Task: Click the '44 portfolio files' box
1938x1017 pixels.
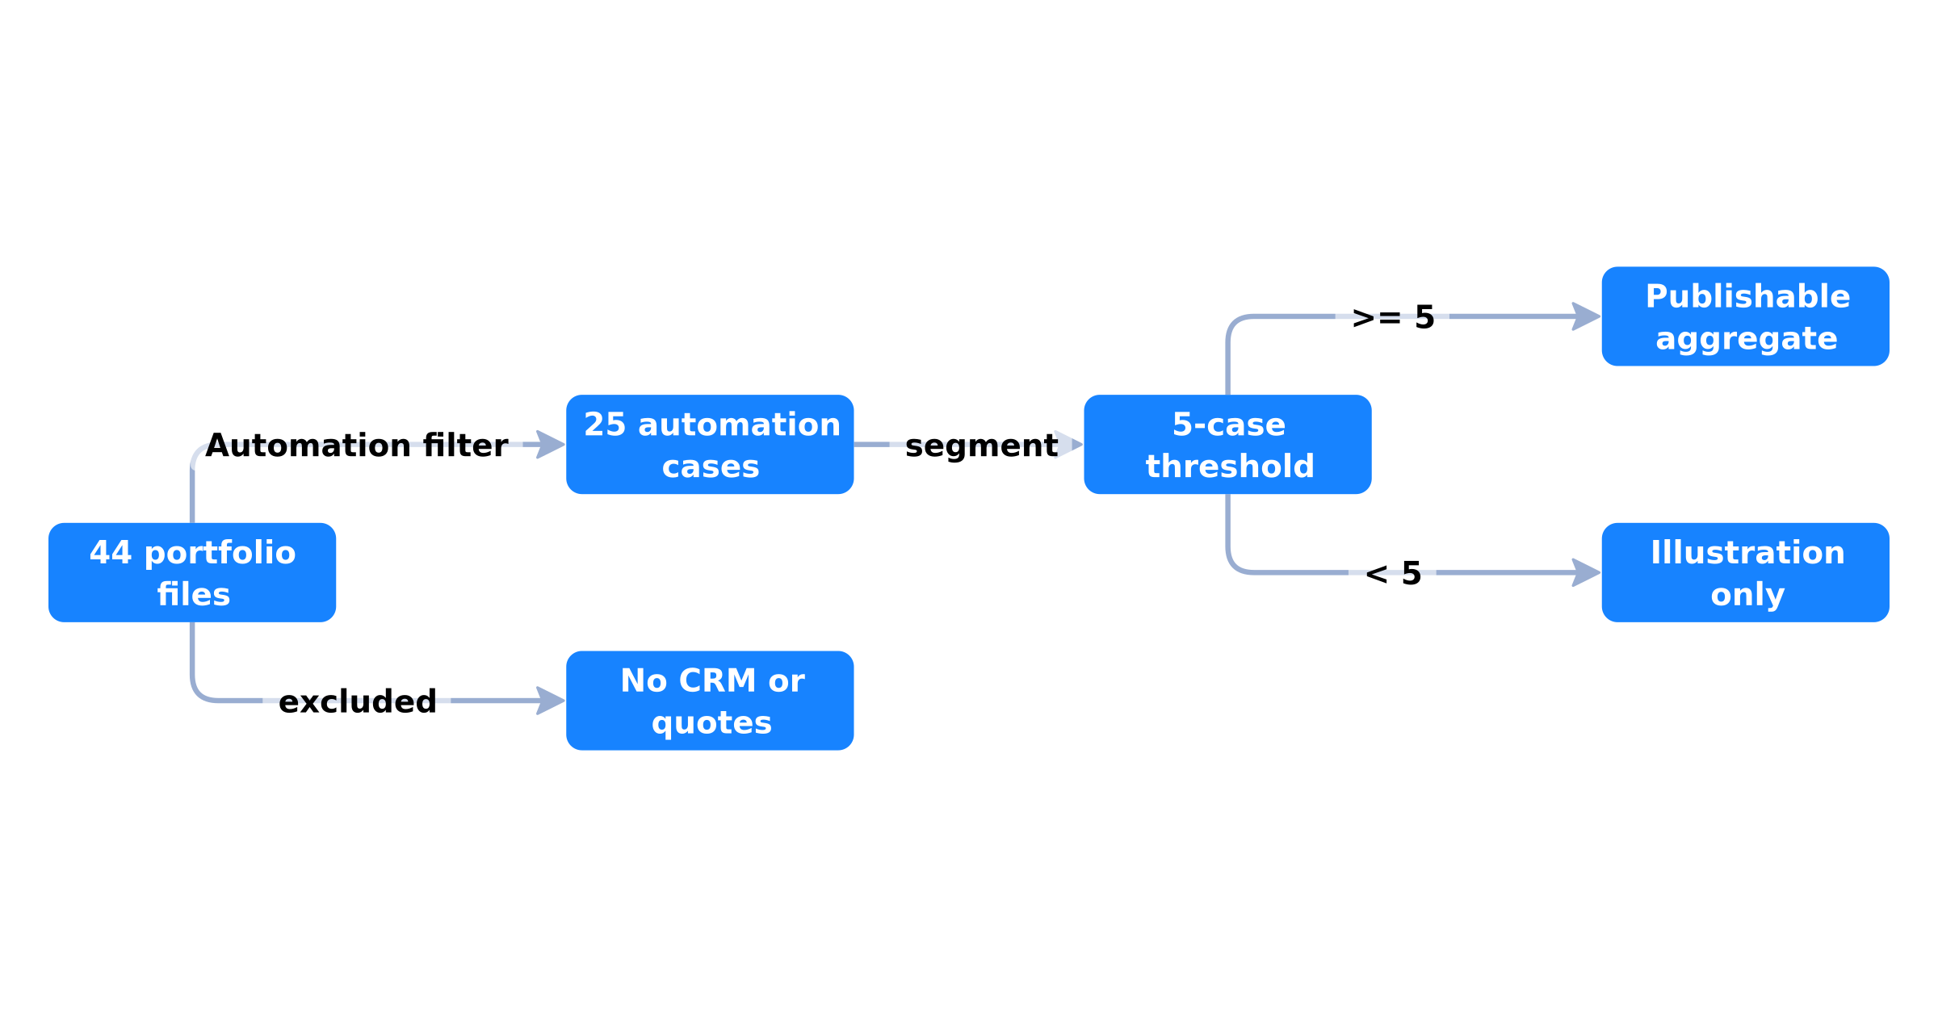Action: point(192,572)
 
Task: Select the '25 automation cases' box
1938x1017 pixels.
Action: point(710,445)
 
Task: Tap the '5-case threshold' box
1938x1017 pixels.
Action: point(1227,445)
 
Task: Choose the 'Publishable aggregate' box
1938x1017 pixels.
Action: point(1745,316)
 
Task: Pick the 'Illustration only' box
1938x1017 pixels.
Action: point(1745,572)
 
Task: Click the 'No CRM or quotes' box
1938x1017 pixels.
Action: point(710,701)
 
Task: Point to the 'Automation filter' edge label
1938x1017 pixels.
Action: point(357,446)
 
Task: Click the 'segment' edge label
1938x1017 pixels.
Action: point(981,446)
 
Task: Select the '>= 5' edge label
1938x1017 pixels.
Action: point(1393,317)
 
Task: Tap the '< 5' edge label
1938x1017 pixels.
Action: point(1393,574)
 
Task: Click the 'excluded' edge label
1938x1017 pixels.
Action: point(357,701)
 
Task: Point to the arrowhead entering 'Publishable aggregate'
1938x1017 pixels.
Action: point(1587,316)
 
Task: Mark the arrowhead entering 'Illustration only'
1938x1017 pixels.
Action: point(1587,572)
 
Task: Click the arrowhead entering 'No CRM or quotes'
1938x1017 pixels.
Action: point(552,701)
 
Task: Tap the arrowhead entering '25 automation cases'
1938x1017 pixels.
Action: point(552,445)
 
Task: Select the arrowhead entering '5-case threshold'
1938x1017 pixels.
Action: point(1069,445)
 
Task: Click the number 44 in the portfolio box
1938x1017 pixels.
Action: point(111,553)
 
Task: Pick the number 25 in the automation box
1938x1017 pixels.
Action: point(605,425)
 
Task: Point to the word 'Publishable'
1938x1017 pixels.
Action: point(1747,296)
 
